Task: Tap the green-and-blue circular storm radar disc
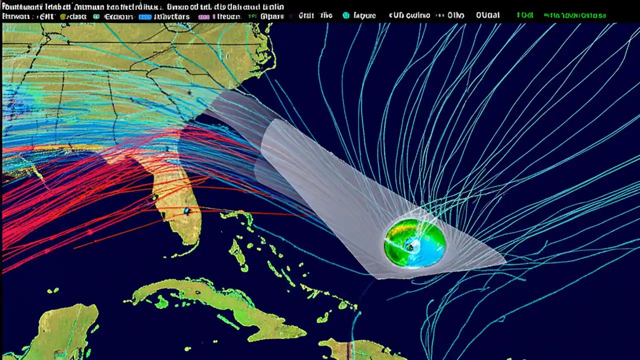(x=415, y=243)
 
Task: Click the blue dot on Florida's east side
(x=186, y=211)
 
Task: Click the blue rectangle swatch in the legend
(x=145, y=16)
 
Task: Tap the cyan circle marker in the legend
(x=346, y=15)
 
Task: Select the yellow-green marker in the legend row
(x=63, y=16)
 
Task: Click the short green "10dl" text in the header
(x=524, y=15)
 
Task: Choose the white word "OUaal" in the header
(x=487, y=15)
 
